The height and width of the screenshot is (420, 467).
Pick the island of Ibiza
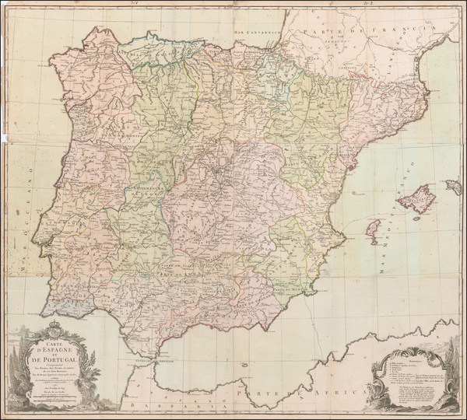click(x=373, y=231)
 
